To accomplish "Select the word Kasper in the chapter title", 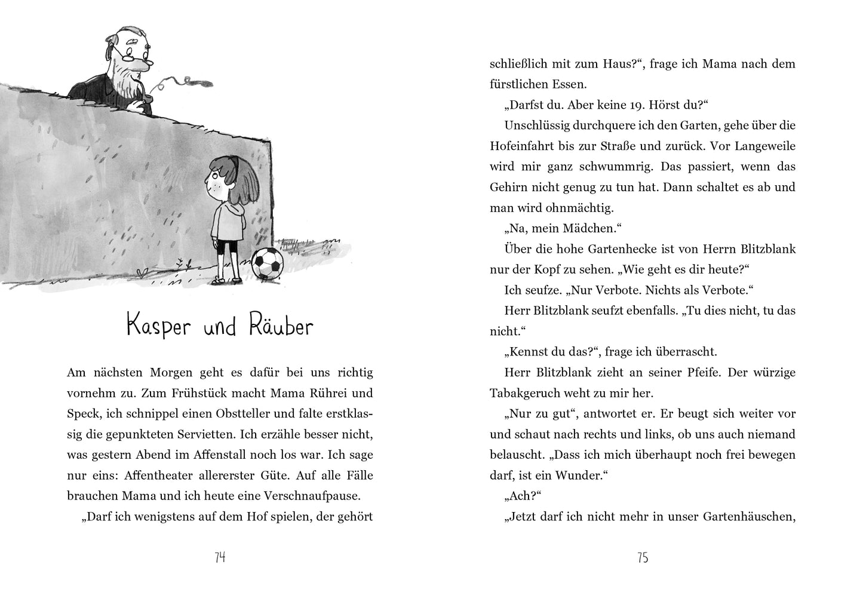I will pyautogui.click(x=161, y=327).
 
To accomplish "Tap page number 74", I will pyautogui.click(x=219, y=557).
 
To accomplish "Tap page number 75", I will pyautogui.click(x=643, y=557).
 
